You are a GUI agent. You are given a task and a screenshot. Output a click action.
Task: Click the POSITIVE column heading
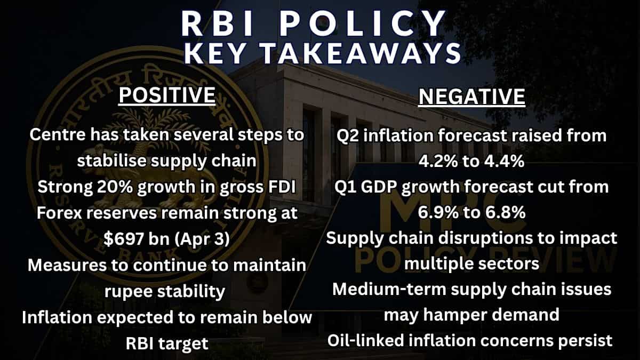(166, 96)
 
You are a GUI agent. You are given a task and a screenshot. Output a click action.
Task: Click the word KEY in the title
(213, 53)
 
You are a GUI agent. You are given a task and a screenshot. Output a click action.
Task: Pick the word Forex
(63, 213)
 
